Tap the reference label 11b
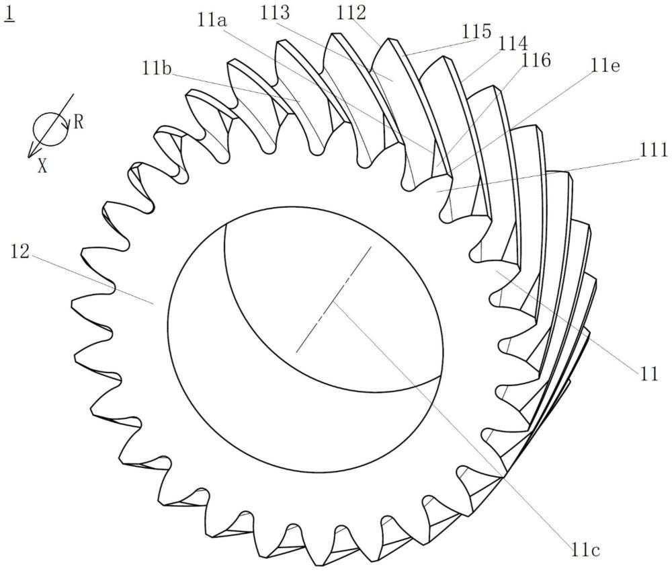(x=157, y=69)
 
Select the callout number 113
(x=275, y=13)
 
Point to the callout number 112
(x=351, y=13)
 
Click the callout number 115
(x=476, y=32)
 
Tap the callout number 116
(x=536, y=60)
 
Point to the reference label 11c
(x=585, y=549)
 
